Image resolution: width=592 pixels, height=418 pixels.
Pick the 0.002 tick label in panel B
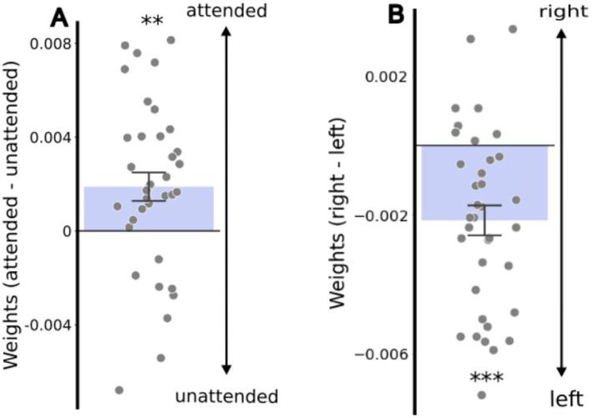click(x=389, y=78)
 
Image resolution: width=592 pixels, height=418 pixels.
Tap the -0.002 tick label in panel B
click(x=385, y=216)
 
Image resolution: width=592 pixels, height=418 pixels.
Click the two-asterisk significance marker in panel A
click(x=152, y=21)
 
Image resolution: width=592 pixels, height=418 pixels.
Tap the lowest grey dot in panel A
click(x=119, y=390)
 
